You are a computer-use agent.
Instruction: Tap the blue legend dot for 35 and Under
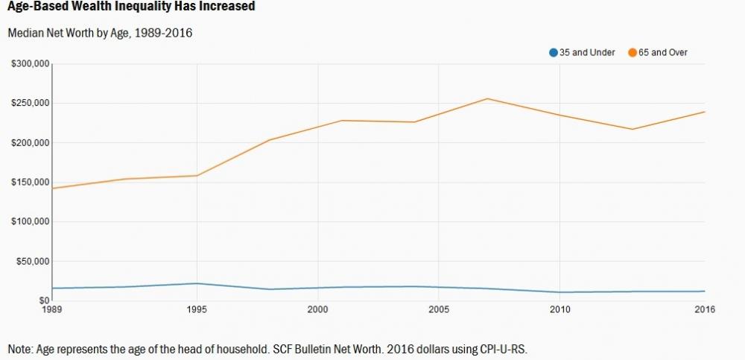(x=553, y=52)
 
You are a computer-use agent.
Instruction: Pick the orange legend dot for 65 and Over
(x=633, y=52)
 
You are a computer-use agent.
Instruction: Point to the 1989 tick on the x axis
(x=51, y=309)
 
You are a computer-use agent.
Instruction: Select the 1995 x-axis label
(x=197, y=309)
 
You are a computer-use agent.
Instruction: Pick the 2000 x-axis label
(x=318, y=309)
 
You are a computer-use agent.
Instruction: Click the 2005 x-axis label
(x=440, y=309)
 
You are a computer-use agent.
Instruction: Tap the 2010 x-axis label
(x=560, y=309)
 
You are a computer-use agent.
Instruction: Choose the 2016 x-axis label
(x=705, y=309)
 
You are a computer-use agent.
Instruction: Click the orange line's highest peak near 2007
(x=487, y=98)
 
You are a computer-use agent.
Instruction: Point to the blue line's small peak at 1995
(x=197, y=283)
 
